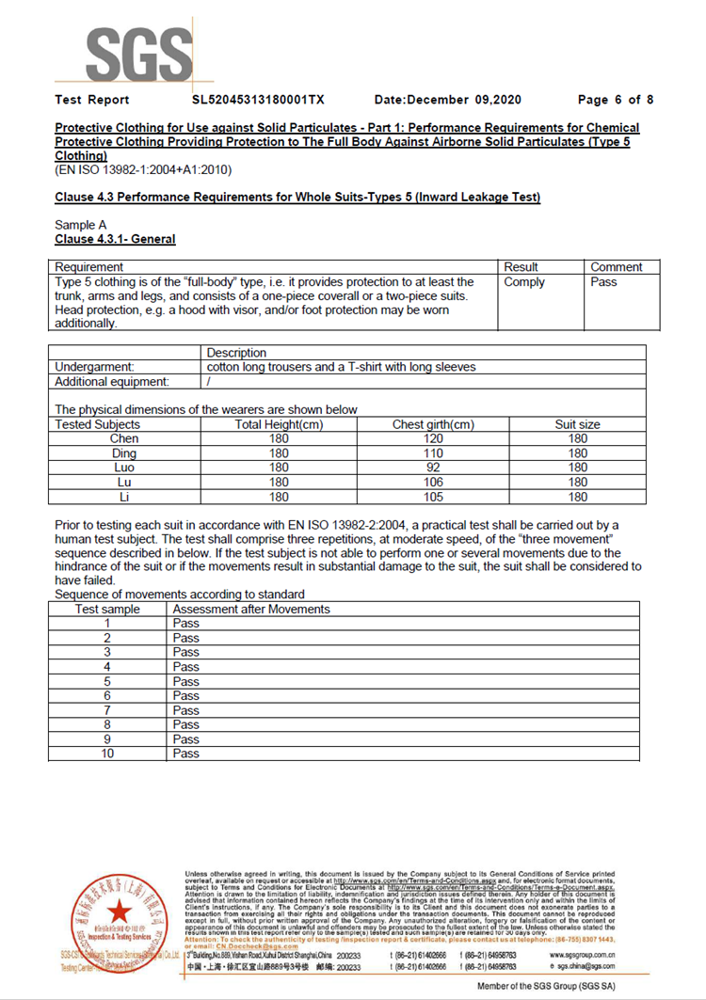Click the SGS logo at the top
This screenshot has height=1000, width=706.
[123, 46]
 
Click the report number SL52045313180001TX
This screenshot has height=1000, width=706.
[258, 100]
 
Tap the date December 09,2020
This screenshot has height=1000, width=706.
[448, 100]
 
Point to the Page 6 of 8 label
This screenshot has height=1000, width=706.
[616, 100]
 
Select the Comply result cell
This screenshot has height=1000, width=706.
[524, 281]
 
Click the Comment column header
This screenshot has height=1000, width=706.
[616, 267]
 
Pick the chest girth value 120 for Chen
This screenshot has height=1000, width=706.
[432, 438]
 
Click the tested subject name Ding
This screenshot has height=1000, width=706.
[124, 453]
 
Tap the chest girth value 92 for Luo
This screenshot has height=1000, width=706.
[432, 468]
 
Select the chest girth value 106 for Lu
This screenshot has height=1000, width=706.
[432, 483]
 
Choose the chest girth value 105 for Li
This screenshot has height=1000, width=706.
[432, 497]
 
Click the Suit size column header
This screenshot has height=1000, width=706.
[577, 424]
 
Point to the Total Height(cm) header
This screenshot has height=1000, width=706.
[279, 424]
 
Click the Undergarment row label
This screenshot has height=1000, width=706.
[95, 367]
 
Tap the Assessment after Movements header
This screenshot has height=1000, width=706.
[251, 610]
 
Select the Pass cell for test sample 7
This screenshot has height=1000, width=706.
[186, 710]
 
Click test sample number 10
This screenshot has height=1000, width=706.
[107, 754]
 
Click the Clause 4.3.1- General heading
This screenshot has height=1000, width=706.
[115, 239]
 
